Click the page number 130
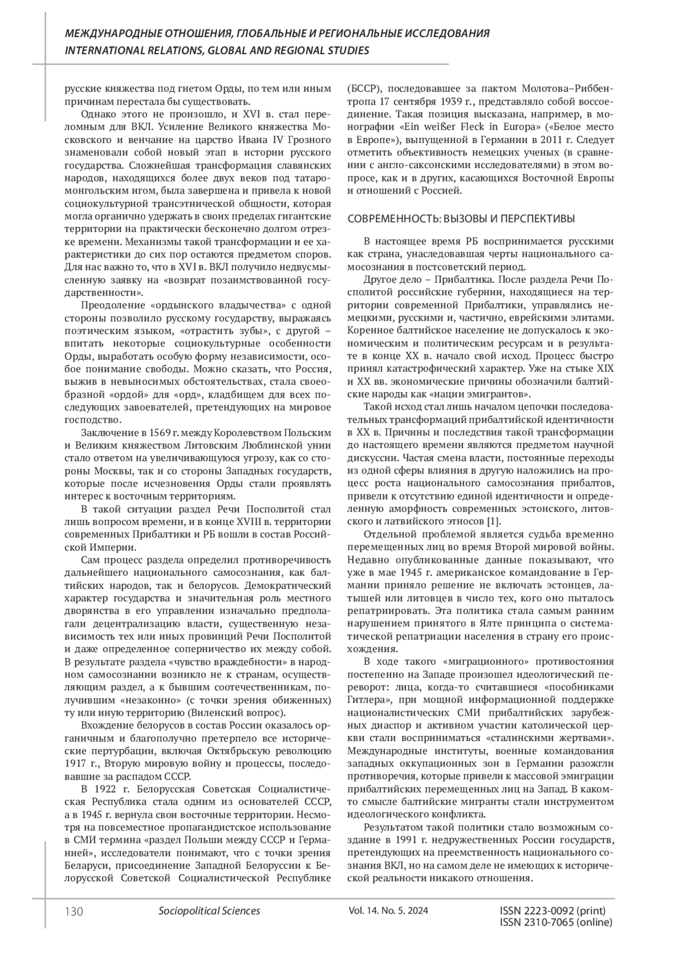pyautogui.click(x=74, y=911)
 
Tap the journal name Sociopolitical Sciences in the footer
pyautogui.click(x=209, y=911)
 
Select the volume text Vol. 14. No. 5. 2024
pyautogui.click(x=389, y=911)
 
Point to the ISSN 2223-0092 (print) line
pyautogui.click(x=553, y=911)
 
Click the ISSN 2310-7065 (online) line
pyautogui.click(x=556, y=923)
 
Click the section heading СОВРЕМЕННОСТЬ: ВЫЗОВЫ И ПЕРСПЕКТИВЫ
pyautogui.click(x=461, y=219)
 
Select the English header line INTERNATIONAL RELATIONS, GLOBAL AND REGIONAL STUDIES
pyautogui.click(x=217, y=50)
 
